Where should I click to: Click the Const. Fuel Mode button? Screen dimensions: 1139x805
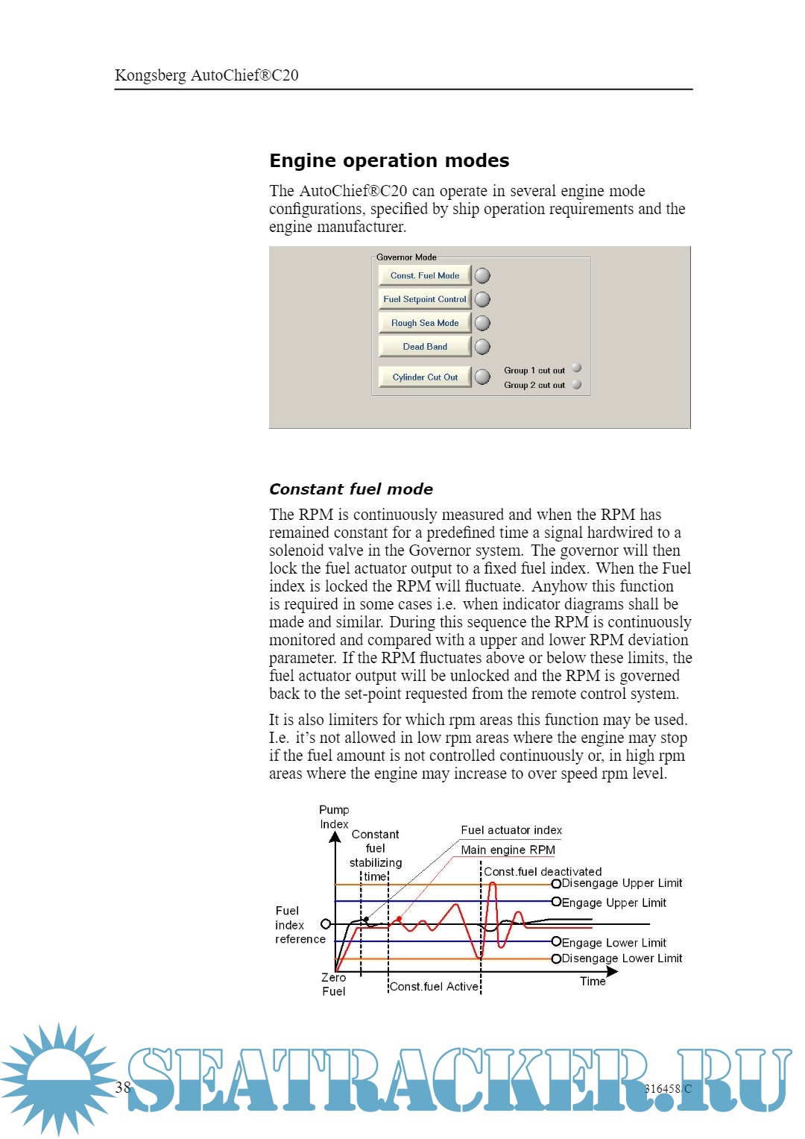(x=425, y=276)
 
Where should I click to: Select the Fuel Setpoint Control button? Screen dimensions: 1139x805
(x=425, y=299)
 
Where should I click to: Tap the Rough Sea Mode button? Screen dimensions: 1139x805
(x=425, y=323)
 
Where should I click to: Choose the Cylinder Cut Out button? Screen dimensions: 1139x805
(x=425, y=377)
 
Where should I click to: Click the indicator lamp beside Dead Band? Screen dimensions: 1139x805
(x=483, y=347)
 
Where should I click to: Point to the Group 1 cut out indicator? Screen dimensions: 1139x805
(x=577, y=368)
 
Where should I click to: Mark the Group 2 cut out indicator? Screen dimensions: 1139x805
(x=577, y=385)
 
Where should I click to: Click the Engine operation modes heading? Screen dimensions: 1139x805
(x=389, y=161)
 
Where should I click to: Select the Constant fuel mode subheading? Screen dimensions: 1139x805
(x=351, y=489)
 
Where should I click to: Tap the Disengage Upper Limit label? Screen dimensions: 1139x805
(x=622, y=883)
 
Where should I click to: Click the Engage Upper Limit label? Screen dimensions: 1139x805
(x=613, y=903)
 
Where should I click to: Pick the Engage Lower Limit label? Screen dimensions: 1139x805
(x=613, y=943)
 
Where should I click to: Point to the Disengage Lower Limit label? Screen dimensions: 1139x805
(x=622, y=958)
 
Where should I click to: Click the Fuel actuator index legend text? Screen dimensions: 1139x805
(x=511, y=830)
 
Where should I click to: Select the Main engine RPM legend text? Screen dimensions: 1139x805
(x=508, y=850)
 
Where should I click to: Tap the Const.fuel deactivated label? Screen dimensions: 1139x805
(x=543, y=871)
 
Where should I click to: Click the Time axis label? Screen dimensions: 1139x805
(x=593, y=982)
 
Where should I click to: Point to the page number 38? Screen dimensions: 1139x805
(x=123, y=1088)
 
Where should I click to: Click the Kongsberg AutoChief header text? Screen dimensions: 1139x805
(x=206, y=75)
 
